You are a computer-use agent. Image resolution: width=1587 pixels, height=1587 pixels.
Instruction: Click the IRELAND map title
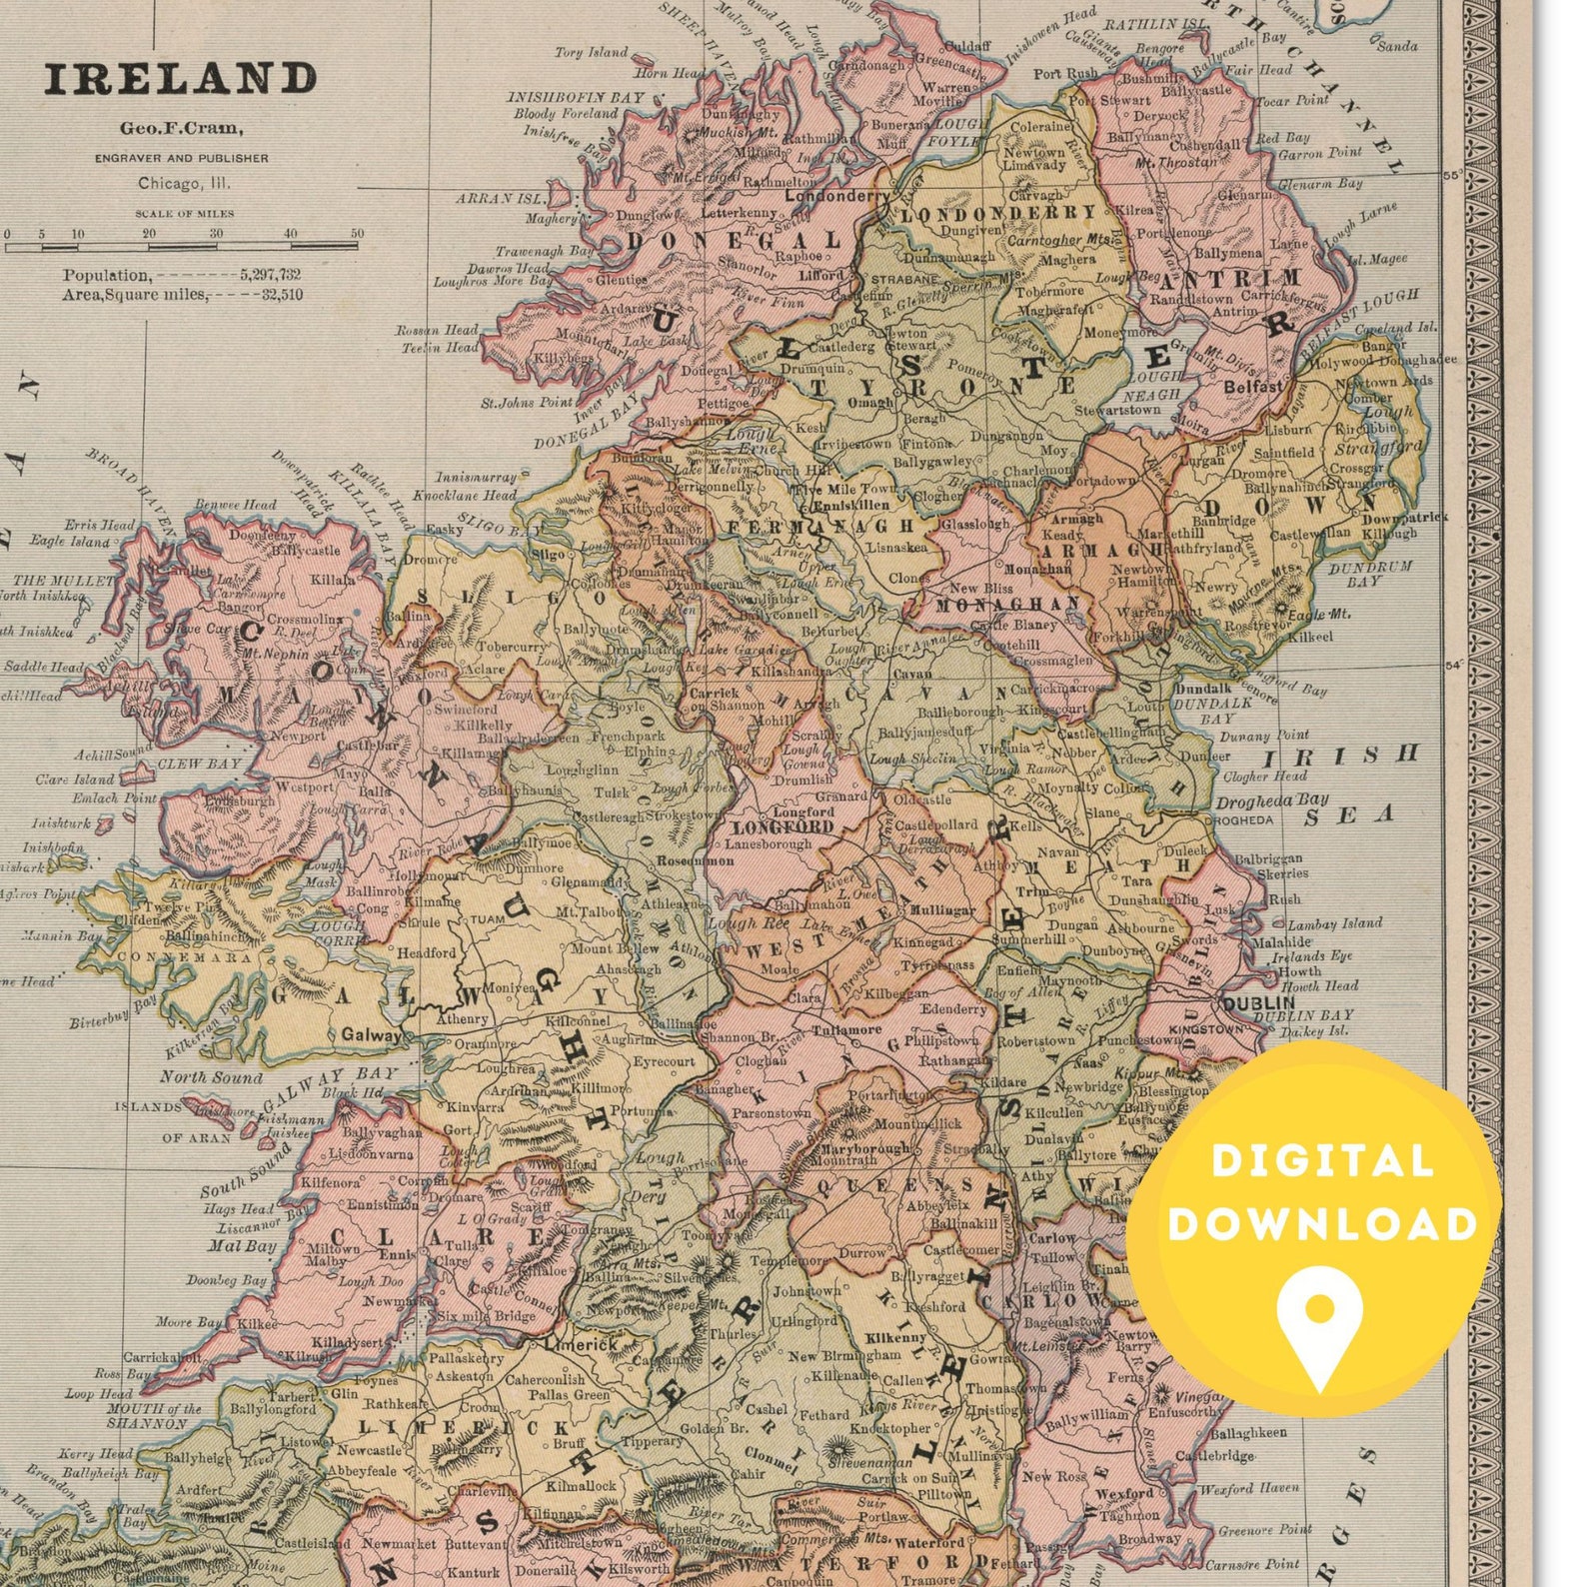point(180,79)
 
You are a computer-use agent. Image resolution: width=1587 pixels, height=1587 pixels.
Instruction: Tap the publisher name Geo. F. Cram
point(181,128)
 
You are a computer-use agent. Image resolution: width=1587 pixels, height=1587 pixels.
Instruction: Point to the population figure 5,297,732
point(270,275)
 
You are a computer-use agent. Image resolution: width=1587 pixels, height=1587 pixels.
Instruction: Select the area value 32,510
point(282,295)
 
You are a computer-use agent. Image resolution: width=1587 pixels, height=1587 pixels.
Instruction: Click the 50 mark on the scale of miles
point(357,234)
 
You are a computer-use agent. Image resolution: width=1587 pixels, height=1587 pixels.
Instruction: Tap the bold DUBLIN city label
point(1258,1002)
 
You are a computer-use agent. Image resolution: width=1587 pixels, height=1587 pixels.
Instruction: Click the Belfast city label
point(1252,386)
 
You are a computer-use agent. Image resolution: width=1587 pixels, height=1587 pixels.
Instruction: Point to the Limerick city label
point(581,1345)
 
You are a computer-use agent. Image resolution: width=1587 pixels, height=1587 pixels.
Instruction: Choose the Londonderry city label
point(835,196)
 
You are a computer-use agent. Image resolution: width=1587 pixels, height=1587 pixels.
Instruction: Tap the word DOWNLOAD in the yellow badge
point(1321,1225)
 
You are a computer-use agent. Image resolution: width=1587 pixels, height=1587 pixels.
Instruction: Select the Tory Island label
point(591,52)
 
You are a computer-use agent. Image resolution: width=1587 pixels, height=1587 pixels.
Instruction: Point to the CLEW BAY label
point(199,764)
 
